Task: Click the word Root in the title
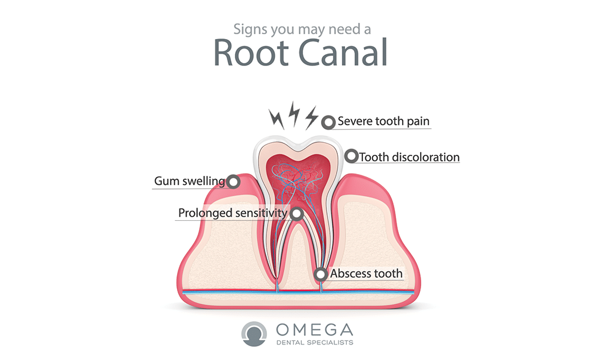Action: (x=251, y=52)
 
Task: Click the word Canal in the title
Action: (x=343, y=52)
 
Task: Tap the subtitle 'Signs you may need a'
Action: (x=302, y=29)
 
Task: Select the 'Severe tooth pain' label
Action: (x=383, y=121)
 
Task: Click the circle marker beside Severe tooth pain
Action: (x=328, y=122)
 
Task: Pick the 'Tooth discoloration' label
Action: (x=409, y=157)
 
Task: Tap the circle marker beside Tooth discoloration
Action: (x=351, y=156)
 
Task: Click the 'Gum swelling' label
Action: (x=190, y=181)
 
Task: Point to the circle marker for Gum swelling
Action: (x=233, y=181)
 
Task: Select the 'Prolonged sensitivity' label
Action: (x=233, y=213)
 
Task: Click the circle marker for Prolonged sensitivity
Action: (x=296, y=214)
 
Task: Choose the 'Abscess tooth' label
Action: (x=366, y=274)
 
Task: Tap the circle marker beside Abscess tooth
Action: (x=320, y=274)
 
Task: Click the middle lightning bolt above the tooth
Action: (x=294, y=114)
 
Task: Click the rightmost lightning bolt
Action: (x=311, y=118)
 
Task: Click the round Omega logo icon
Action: (x=254, y=334)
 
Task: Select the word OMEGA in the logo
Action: (x=314, y=330)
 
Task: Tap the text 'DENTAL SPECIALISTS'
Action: (x=314, y=343)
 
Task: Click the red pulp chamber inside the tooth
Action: (x=298, y=172)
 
